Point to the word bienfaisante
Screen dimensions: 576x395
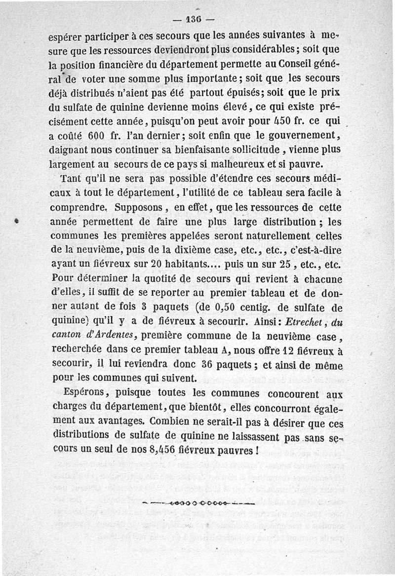click(x=223, y=149)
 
